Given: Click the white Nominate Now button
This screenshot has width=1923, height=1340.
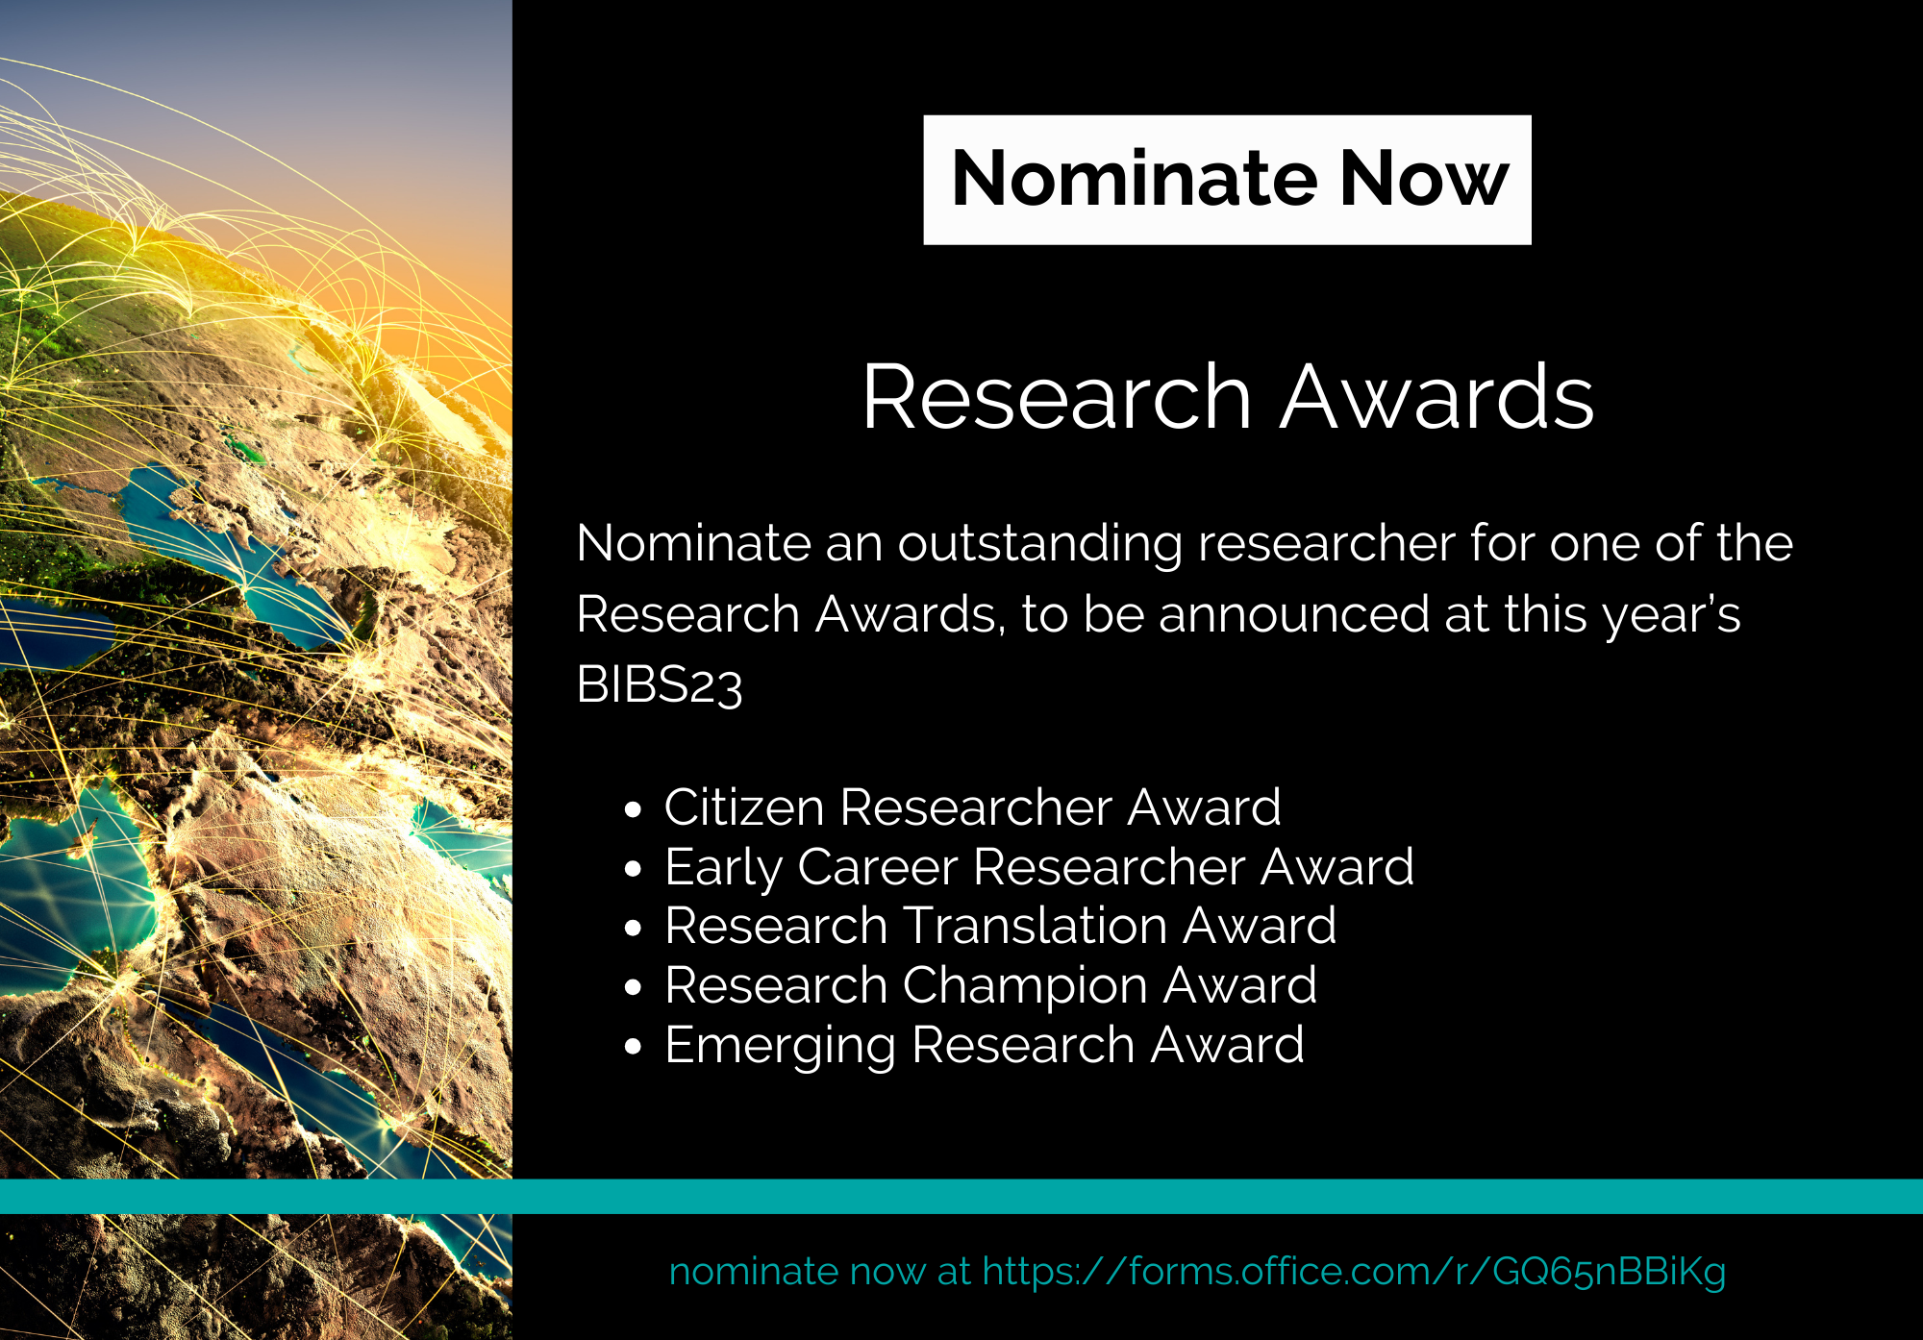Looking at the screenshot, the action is [1227, 180].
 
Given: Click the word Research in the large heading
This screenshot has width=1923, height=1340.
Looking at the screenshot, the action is [1057, 396].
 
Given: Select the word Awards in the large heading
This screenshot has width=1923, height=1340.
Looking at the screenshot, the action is [1437, 396].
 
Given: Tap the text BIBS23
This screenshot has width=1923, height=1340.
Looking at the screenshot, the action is [660, 684].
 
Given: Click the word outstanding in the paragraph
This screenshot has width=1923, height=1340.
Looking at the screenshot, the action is [1040, 544].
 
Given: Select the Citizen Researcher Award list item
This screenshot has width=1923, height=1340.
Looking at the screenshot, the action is [972, 806].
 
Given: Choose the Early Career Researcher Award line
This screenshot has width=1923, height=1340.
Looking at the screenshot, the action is [1039, 867].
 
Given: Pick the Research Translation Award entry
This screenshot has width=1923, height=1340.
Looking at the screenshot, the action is [1000, 926].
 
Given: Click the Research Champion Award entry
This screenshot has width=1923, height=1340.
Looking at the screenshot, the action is [990, 985].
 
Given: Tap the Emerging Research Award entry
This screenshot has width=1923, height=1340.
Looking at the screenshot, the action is [985, 1045].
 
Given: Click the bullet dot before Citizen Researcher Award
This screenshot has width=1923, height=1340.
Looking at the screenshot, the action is [632, 809].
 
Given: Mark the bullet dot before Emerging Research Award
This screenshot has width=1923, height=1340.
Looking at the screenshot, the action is [632, 1047].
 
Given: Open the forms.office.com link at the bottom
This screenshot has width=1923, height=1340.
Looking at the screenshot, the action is [1354, 1272].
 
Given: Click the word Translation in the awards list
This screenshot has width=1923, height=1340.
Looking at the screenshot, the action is [1036, 926].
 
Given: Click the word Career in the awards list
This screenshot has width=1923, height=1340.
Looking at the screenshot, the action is [877, 867].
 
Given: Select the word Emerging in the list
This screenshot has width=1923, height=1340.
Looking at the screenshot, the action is [780, 1046].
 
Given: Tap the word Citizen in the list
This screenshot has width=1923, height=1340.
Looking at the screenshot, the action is [744, 806].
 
